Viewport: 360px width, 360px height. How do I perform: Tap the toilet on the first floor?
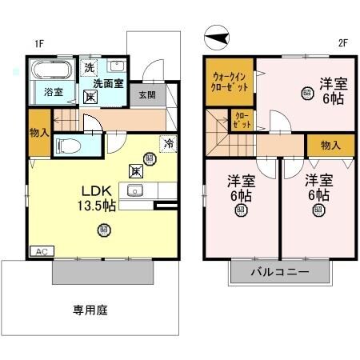[x=70, y=146]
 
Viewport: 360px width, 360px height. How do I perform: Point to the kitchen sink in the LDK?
[x=133, y=190]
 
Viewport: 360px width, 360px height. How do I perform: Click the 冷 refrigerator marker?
[x=169, y=144]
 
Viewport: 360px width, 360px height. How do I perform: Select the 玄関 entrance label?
[x=146, y=94]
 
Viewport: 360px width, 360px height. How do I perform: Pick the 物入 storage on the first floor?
[x=38, y=133]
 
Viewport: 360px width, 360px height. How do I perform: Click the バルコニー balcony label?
[x=280, y=272]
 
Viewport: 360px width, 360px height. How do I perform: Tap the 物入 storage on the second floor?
[x=330, y=145]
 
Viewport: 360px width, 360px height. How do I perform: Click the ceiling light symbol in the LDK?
[x=104, y=230]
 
